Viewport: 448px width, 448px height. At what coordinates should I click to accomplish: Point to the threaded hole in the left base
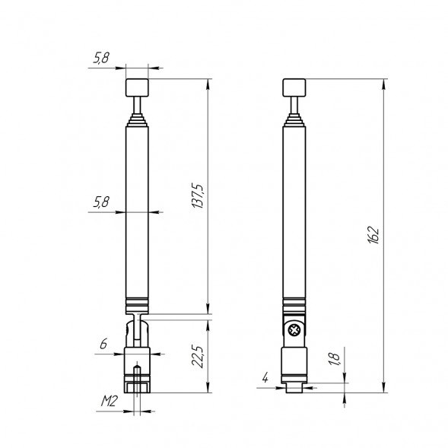point(137,377)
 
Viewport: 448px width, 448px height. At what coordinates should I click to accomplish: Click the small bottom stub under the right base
point(293,388)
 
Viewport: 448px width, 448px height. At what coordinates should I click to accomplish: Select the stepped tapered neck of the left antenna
point(137,119)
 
